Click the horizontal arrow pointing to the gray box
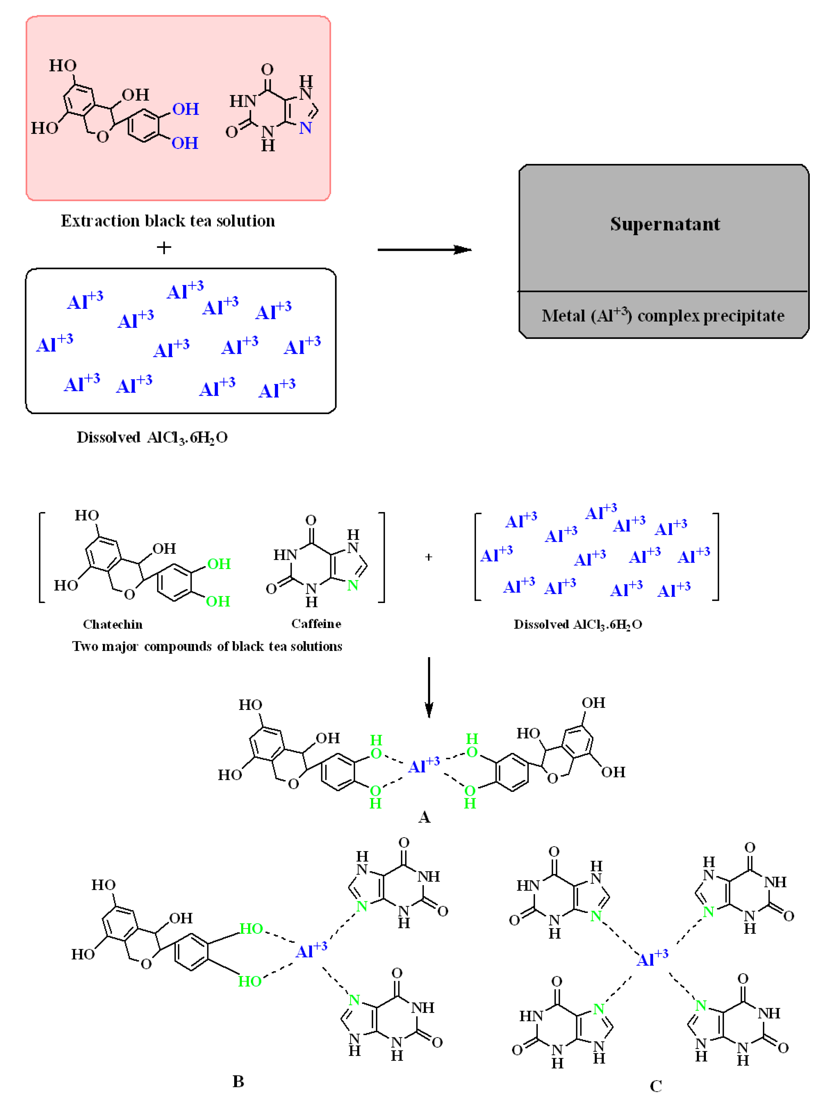[424, 249]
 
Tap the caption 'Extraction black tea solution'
[168, 221]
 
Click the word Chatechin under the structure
[113, 624]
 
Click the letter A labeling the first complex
[424, 817]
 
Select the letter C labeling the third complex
[656, 1086]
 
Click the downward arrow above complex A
[428, 688]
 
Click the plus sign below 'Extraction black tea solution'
[164, 248]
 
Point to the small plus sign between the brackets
[428, 557]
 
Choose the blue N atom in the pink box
[305, 128]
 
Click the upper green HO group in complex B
[251, 929]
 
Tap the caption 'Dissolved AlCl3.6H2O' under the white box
[152, 437]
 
